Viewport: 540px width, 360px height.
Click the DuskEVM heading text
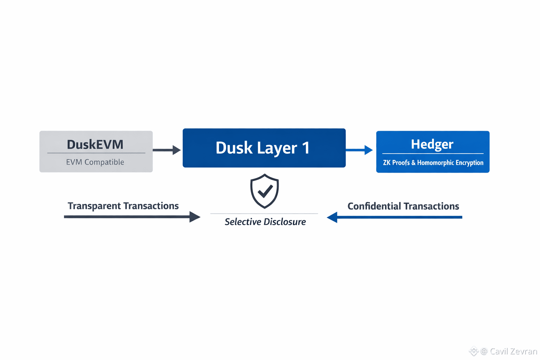pos(95,144)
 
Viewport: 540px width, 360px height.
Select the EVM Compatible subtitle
pos(95,162)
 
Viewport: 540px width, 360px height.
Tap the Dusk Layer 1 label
pos(263,148)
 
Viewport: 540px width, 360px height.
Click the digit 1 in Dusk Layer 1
pos(306,148)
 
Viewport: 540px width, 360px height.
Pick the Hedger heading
pos(432,144)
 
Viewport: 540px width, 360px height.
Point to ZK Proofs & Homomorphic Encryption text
pos(433,162)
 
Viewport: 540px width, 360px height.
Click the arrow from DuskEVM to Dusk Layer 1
pos(167,150)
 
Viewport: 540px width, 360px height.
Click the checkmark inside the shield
pos(265,191)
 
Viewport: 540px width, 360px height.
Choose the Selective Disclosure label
pos(265,222)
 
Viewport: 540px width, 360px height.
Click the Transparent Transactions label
pos(123,206)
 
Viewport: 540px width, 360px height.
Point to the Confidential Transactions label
pos(403,206)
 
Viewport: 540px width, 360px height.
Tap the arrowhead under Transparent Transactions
pos(194,217)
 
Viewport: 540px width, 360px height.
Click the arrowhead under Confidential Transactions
pos(332,217)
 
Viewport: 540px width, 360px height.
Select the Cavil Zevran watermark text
pos(513,351)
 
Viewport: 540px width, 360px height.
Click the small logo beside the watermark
pos(474,351)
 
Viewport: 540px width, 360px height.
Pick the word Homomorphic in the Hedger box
pos(435,162)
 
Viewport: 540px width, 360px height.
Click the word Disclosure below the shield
pos(285,222)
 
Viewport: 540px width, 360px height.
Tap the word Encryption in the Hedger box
pos(469,162)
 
